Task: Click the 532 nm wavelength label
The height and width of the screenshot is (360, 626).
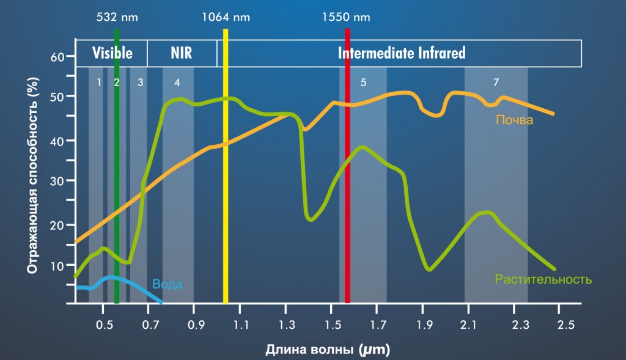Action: [x=117, y=17]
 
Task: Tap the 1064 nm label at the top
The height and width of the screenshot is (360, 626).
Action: [x=226, y=17]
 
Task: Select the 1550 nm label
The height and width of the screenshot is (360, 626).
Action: [x=346, y=17]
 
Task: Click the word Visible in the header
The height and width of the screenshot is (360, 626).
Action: [x=112, y=53]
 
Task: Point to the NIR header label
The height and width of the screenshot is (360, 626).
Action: [x=181, y=53]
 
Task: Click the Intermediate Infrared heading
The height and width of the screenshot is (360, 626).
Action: [x=402, y=53]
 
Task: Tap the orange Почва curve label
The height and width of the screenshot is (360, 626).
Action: [x=514, y=120]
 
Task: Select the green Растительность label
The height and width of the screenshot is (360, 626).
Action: [x=543, y=279]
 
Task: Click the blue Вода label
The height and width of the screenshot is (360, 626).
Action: [x=168, y=284]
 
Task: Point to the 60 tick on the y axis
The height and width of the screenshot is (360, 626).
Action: [x=57, y=57]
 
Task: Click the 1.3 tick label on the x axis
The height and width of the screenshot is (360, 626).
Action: [x=287, y=325]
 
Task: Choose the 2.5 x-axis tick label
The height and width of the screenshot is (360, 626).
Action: [x=565, y=325]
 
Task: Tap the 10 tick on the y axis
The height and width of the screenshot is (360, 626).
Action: [x=57, y=266]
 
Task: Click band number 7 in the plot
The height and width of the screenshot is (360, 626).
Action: [x=496, y=83]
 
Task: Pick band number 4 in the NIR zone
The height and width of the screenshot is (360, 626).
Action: [x=177, y=83]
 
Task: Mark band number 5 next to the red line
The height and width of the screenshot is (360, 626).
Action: [x=363, y=83]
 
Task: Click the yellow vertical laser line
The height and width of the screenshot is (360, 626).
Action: [x=226, y=166]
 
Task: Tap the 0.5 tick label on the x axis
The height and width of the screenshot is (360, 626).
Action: [x=104, y=325]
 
